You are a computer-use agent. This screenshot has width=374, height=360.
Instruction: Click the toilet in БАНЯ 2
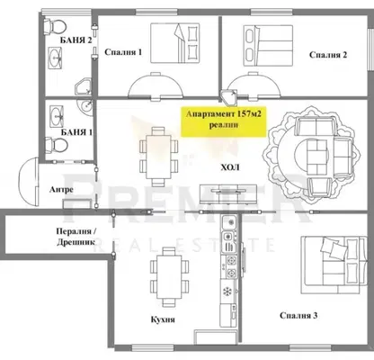coord(54,26)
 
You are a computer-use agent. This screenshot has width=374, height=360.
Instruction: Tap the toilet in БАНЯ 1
coord(56,146)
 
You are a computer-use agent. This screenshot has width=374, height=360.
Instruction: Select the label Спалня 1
coord(123,52)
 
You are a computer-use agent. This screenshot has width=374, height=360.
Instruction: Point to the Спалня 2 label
coord(328,55)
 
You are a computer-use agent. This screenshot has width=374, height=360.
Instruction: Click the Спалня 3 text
coord(298,316)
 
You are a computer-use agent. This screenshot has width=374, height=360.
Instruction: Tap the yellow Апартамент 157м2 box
coord(224,121)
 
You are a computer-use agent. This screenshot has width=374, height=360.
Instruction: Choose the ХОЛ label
coord(230,167)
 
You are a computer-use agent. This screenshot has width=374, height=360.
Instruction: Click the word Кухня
coord(163,319)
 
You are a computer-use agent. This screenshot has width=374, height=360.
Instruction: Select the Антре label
coord(61,190)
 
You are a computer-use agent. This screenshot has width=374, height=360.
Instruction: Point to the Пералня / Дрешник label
coord(76,237)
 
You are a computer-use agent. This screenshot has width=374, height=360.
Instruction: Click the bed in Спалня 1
coord(175,43)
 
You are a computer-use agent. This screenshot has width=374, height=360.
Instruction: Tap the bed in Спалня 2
coord(268,46)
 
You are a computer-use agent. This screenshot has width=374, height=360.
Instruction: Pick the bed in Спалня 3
coord(334,265)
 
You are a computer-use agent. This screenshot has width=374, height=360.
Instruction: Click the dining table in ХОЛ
coord(158,157)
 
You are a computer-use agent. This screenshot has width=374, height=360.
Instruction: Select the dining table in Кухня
coord(169,276)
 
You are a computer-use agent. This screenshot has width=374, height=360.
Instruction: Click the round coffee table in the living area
coord(312,155)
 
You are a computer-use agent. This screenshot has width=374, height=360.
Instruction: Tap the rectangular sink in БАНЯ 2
coord(56,57)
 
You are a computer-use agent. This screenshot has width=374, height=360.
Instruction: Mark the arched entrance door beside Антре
coord(29,182)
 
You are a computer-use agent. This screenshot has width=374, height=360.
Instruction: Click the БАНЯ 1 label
coord(76,132)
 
